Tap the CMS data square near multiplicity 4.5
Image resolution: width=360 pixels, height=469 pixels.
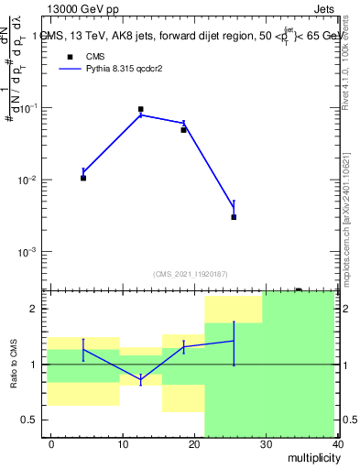83,178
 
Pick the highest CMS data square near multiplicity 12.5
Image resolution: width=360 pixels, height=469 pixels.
140,109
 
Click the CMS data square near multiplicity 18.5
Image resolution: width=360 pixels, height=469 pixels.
183,130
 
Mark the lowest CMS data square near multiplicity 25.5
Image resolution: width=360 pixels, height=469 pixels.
234,217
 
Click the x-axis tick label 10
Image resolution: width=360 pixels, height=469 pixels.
122,443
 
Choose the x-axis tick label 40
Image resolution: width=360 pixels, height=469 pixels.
336,443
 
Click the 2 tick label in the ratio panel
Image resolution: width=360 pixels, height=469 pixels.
35,309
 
